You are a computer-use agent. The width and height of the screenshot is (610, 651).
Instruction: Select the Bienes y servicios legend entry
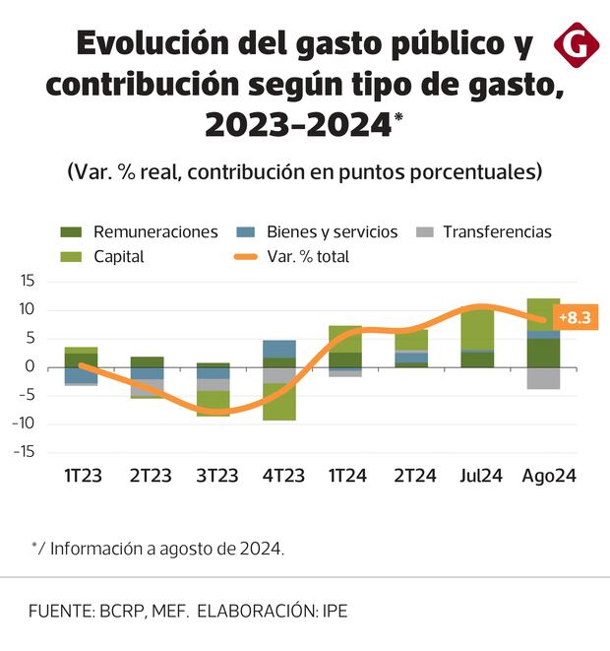tap(319, 232)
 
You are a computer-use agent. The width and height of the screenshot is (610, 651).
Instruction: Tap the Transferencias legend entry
tap(482, 232)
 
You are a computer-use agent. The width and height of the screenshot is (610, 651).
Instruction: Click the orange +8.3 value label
tap(574, 318)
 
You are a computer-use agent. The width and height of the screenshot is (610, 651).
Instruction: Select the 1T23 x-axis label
tap(82, 476)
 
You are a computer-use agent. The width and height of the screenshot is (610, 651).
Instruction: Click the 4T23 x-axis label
tap(279, 476)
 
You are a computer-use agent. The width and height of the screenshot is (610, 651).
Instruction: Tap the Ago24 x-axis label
tap(548, 476)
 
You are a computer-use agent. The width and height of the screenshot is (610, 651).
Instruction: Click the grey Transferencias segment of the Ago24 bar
tap(543, 378)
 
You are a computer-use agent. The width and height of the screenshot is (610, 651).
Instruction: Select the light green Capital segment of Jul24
tap(477, 329)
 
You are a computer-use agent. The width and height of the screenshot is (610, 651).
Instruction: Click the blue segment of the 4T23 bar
tap(279, 349)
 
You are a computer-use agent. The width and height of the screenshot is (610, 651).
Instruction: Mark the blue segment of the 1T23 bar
tap(82, 375)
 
